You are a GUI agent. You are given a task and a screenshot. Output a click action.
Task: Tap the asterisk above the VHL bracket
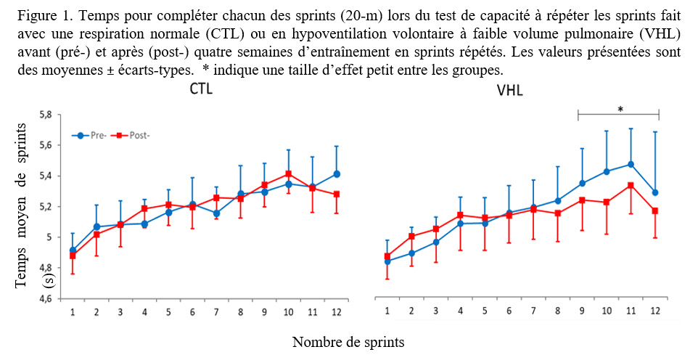pos(620,110)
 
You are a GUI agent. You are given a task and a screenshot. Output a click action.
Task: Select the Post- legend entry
pos(131,136)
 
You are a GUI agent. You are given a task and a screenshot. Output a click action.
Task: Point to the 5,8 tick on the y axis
pos(46,115)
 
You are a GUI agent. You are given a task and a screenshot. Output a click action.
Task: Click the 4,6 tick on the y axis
pos(46,298)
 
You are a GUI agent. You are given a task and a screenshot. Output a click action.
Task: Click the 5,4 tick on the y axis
pos(46,176)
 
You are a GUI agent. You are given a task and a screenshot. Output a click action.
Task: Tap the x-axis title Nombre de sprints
pos(348,341)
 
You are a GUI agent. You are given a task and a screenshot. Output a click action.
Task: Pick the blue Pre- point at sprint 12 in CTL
pos(336,174)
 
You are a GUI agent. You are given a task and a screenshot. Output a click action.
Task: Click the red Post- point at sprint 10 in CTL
pos(289,174)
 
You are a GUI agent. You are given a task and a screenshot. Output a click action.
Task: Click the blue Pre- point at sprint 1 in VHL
pos(387,261)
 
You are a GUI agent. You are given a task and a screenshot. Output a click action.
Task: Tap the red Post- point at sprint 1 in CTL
pos(73,255)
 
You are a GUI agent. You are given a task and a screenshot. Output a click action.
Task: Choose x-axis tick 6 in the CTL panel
pos(192,312)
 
